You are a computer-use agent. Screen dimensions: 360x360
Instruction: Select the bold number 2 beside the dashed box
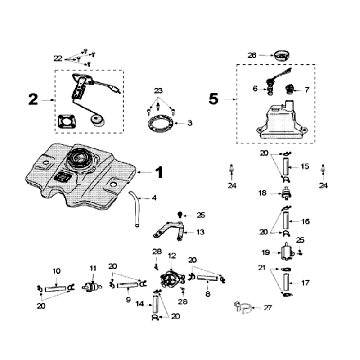click(33, 100)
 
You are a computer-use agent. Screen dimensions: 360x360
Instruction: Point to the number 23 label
click(157, 91)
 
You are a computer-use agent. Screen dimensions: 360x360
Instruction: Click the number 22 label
click(58, 57)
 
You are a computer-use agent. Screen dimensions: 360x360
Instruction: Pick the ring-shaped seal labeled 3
click(157, 124)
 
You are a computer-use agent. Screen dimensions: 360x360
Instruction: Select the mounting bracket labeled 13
click(173, 235)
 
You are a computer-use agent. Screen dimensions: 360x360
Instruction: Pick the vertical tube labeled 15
click(284, 165)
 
